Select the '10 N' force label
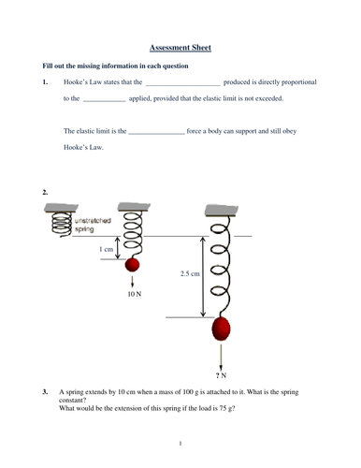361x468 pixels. pos(134,294)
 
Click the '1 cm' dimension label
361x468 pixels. pos(108,250)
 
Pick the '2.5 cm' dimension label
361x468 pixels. pos(190,273)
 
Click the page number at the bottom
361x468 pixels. pos(180,442)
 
